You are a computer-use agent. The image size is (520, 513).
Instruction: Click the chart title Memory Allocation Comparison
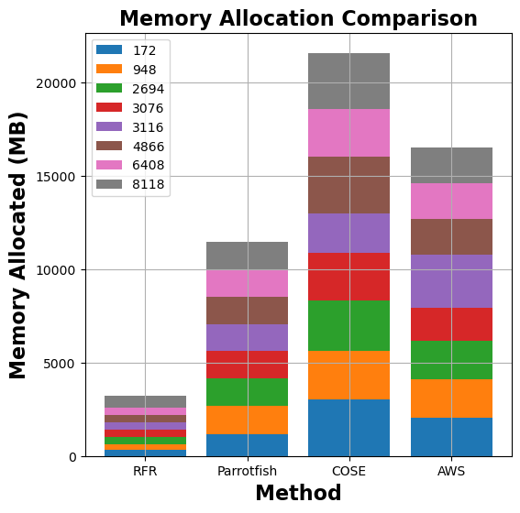coord(298,18)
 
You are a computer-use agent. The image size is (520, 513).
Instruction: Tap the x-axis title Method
coord(298,493)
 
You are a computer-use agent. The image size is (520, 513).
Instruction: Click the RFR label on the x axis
coord(145,471)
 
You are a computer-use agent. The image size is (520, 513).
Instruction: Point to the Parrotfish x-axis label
coord(247,471)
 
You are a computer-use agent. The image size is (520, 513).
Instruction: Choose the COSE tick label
coord(349,471)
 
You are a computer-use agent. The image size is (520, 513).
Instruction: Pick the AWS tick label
coord(451,471)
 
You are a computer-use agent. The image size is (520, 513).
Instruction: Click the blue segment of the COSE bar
coord(349,427)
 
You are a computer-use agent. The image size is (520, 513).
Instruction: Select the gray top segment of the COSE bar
coord(349,81)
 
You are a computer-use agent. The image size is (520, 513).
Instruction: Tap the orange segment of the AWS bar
coord(451,398)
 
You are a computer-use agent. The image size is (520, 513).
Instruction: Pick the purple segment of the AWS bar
coord(451,281)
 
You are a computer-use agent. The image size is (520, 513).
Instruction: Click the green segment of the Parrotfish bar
coord(247,392)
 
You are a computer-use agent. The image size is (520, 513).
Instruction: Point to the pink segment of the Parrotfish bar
coord(247,283)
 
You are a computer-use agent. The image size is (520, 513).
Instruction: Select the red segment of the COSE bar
coord(349,277)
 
